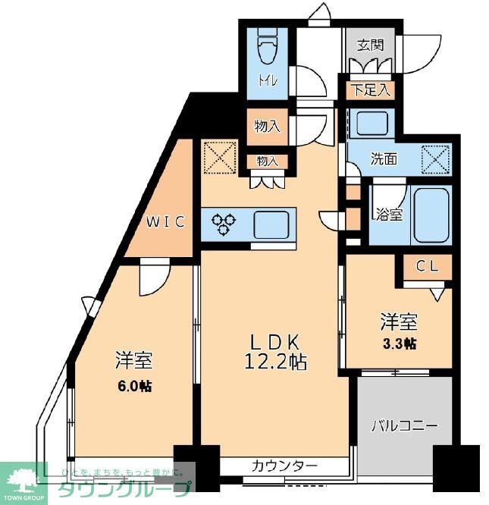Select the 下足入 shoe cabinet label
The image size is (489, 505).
tap(370, 90)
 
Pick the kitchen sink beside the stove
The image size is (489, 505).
tap(270, 224)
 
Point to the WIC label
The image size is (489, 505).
tap(165, 222)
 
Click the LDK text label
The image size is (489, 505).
tap(277, 340)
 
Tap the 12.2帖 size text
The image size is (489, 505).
tap(277, 362)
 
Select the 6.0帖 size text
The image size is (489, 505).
tap(133, 386)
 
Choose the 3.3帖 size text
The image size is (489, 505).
tap(398, 343)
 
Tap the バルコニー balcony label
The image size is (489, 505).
tap(404, 426)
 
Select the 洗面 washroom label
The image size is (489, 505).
tap(384, 159)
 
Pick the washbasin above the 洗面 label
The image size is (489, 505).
tap(371, 123)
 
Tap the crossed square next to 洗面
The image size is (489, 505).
tap(435, 159)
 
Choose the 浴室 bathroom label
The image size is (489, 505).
tap(389, 215)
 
